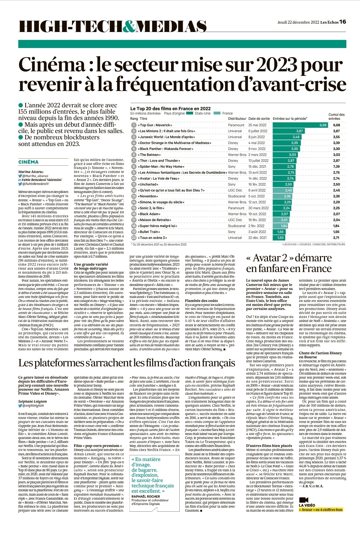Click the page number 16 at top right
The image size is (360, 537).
(343, 22)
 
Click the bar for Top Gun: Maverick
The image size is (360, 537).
(300, 125)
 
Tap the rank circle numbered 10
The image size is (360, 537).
(134, 178)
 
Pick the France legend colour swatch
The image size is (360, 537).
(217, 113)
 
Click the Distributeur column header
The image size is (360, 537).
(237, 119)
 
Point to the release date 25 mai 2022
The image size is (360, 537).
(257, 125)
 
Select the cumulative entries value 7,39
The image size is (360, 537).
(336, 166)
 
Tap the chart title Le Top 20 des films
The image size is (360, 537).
(170, 108)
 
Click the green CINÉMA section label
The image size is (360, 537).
(28, 162)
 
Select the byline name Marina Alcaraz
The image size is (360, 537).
(31, 172)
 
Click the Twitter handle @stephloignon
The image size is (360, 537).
(33, 406)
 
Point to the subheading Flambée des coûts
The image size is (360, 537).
(201, 300)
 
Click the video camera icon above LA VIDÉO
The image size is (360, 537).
(304, 500)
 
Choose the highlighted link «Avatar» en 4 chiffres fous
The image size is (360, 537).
(321, 510)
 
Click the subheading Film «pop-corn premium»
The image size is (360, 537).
(98, 446)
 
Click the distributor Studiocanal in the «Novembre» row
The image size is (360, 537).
(237, 196)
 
